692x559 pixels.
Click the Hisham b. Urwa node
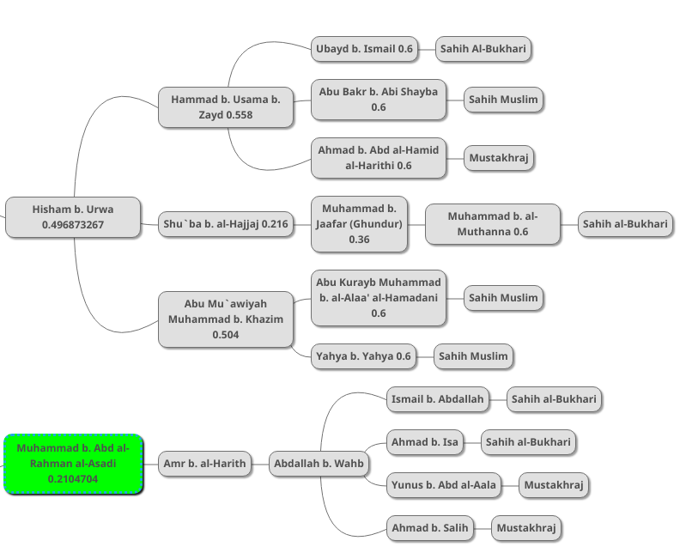point(73,216)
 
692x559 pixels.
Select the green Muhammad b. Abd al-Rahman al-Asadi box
point(73,464)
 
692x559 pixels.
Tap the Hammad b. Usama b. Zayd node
point(226,107)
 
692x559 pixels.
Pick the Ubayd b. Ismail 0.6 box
point(364,49)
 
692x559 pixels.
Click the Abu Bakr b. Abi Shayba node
point(379,100)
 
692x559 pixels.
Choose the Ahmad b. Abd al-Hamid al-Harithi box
point(379,158)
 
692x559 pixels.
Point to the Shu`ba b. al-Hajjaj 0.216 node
point(226,225)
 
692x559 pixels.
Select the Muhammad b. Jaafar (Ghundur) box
point(359,224)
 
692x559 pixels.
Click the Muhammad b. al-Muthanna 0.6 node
point(493,224)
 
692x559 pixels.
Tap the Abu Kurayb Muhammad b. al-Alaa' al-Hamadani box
point(379,298)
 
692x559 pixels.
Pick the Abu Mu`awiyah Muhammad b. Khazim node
point(226,319)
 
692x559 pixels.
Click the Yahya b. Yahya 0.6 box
point(364,356)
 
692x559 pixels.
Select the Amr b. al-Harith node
point(204,464)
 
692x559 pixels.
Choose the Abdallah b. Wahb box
point(319,465)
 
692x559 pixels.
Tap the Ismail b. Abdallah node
point(438,399)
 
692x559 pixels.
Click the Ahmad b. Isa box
point(425,442)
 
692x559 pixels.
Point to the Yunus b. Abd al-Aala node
point(444,485)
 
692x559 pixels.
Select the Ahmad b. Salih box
point(430,528)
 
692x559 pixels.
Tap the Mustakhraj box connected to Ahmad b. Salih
point(527,528)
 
